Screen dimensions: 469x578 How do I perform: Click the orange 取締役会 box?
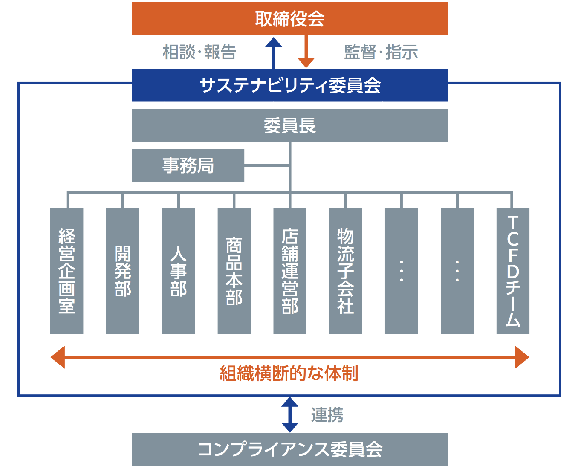tap(289, 19)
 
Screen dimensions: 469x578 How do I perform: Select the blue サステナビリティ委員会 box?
tap(289, 85)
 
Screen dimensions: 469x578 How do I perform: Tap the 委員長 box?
tap(289, 125)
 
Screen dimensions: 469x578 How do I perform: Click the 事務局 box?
tap(188, 165)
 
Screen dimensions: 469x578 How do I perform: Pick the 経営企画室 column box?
tap(67, 271)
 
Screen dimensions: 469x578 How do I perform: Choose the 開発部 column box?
tap(122, 271)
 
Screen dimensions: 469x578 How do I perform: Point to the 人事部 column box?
tap(178, 271)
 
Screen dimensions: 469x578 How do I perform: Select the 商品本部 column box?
tap(234, 271)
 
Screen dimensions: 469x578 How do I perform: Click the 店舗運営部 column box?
tap(290, 271)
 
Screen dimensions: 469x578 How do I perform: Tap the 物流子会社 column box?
tap(346, 271)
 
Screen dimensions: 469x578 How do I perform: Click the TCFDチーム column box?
tap(513, 271)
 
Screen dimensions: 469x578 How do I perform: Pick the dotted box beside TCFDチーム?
tap(457, 271)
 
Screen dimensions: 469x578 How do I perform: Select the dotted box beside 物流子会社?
tap(401, 271)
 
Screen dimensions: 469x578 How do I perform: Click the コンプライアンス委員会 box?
tap(289, 449)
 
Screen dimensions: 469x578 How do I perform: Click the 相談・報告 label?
tap(199, 52)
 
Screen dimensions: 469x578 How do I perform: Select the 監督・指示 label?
tap(381, 52)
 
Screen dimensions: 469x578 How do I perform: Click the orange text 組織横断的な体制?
tap(289, 373)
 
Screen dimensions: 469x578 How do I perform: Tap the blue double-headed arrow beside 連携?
tap(290, 414)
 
